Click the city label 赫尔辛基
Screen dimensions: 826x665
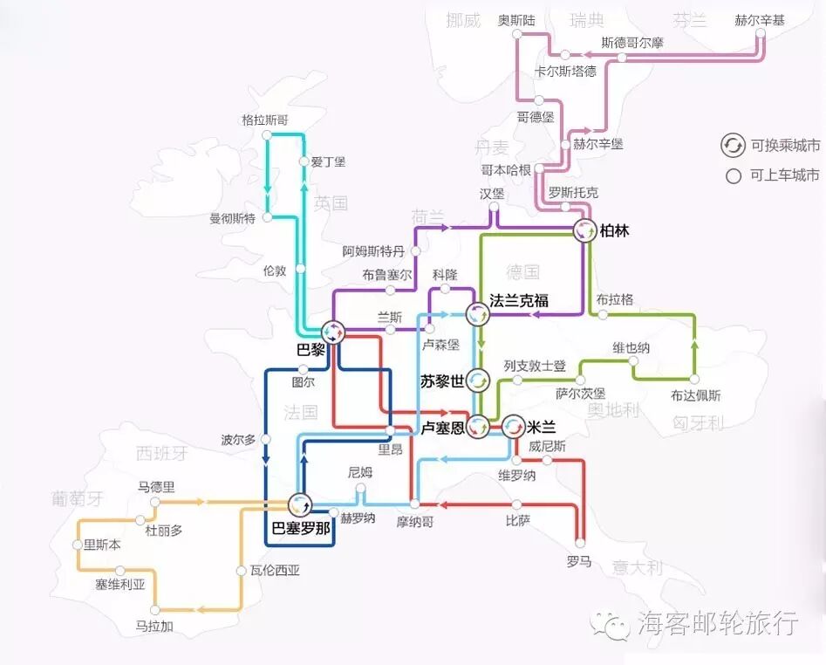coord(760,20)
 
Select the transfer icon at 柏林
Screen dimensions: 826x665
coord(584,231)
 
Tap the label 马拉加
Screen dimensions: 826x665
coord(154,626)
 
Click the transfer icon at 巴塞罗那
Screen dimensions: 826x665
coord(301,504)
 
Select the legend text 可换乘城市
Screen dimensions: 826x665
coord(785,146)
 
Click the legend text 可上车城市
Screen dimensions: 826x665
coord(785,175)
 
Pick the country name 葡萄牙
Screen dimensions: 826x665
coord(77,498)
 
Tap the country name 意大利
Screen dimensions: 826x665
coord(637,567)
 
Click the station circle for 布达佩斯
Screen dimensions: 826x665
coord(695,380)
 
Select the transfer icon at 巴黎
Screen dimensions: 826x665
coord(333,332)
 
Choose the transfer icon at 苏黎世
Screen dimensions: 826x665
coord(478,380)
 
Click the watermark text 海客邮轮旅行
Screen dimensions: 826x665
coord(717,623)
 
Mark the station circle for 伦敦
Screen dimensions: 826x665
coord(300,269)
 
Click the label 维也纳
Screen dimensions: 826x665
coord(631,348)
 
